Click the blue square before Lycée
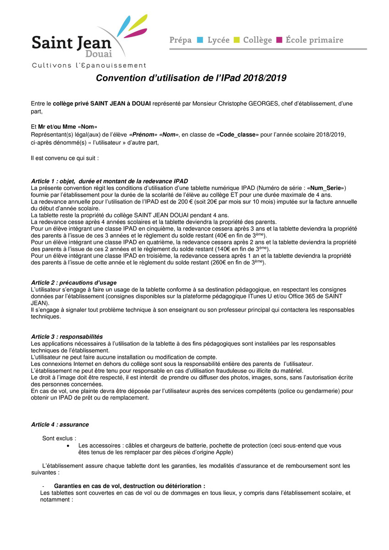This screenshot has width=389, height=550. tap(200, 40)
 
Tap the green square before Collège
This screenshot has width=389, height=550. tap(237, 40)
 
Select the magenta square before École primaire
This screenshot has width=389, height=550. tap(279, 40)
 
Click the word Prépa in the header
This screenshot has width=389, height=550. tap(180, 40)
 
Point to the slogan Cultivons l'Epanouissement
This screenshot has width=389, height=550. tap(89, 66)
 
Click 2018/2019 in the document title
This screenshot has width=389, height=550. tap(265, 78)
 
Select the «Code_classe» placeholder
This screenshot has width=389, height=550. tap(238, 135)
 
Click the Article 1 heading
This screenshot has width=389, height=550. tap(109, 181)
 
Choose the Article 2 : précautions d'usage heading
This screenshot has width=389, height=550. tap(74, 283)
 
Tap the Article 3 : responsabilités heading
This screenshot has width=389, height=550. tap(67, 336)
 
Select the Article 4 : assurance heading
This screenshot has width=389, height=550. tap(60, 425)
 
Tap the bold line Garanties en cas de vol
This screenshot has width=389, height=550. tap(130, 486)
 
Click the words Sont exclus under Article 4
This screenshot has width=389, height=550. tap(59, 438)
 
